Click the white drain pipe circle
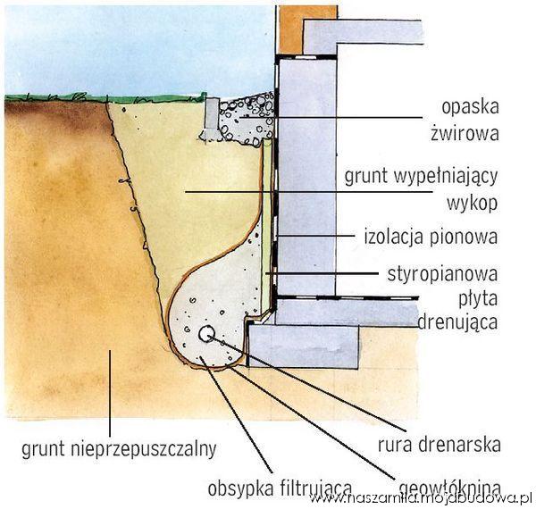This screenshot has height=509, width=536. click(x=206, y=334)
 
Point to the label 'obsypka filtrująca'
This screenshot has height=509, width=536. click(x=265, y=488)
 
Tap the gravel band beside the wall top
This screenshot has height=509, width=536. click(x=250, y=117)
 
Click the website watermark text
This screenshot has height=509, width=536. click(x=421, y=500)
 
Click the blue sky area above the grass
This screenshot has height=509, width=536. click(x=134, y=45)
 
